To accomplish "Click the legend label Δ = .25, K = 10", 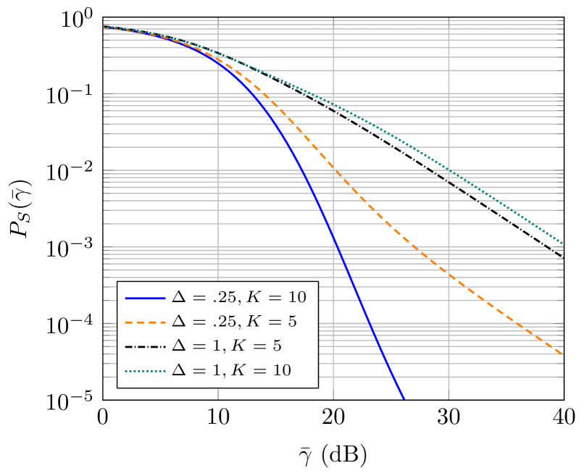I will pyautogui.click(x=238, y=297).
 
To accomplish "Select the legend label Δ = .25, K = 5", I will pyautogui.click(x=233, y=322).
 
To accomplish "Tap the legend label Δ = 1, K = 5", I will pyautogui.click(x=226, y=346).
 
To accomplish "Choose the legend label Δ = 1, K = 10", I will pyautogui.click(x=231, y=370).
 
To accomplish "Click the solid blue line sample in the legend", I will pyautogui.click(x=145, y=298).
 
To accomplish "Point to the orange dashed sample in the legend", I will pyautogui.click(x=145, y=322).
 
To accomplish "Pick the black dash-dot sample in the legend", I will pyautogui.click(x=145, y=347).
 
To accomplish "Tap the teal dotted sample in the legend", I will pyautogui.click(x=145, y=371).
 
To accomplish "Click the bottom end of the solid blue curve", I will pyautogui.click(x=404, y=398).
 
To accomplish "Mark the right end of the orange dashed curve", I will pyautogui.click(x=563, y=354).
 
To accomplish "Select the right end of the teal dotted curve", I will pyautogui.click(x=563, y=243).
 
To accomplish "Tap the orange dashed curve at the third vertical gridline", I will pyautogui.click(x=449, y=276).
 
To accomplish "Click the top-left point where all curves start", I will pyautogui.click(x=104, y=27).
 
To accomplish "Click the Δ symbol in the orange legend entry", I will pyautogui.click(x=178, y=322).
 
